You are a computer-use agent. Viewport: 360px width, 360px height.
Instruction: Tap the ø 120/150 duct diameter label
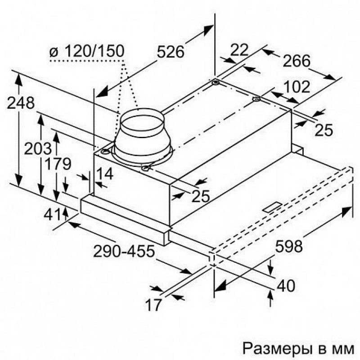tap(87, 51)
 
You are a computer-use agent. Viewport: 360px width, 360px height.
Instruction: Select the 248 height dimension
tap(21, 103)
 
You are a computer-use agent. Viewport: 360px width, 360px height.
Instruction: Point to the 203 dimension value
tap(38, 148)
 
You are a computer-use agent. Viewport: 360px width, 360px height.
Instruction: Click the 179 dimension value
tap(58, 164)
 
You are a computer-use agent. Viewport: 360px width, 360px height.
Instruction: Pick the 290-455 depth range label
tap(124, 251)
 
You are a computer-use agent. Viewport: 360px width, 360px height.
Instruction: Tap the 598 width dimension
tap(289, 246)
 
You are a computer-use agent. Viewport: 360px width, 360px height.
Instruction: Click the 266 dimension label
tap(296, 61)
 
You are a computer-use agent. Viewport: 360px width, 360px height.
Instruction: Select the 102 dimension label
tap(297, 87)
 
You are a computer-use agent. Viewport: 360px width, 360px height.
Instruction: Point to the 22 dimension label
tap(239, 49)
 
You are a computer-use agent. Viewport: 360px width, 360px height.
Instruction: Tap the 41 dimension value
tap(53, 215)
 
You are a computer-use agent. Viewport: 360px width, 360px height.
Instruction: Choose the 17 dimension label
tap(153, 305)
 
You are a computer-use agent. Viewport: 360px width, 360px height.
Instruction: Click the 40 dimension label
tap(286, 286)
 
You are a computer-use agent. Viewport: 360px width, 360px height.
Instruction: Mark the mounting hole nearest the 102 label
tap(256, 99)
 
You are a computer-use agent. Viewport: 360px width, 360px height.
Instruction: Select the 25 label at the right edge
tap(324, 130)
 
